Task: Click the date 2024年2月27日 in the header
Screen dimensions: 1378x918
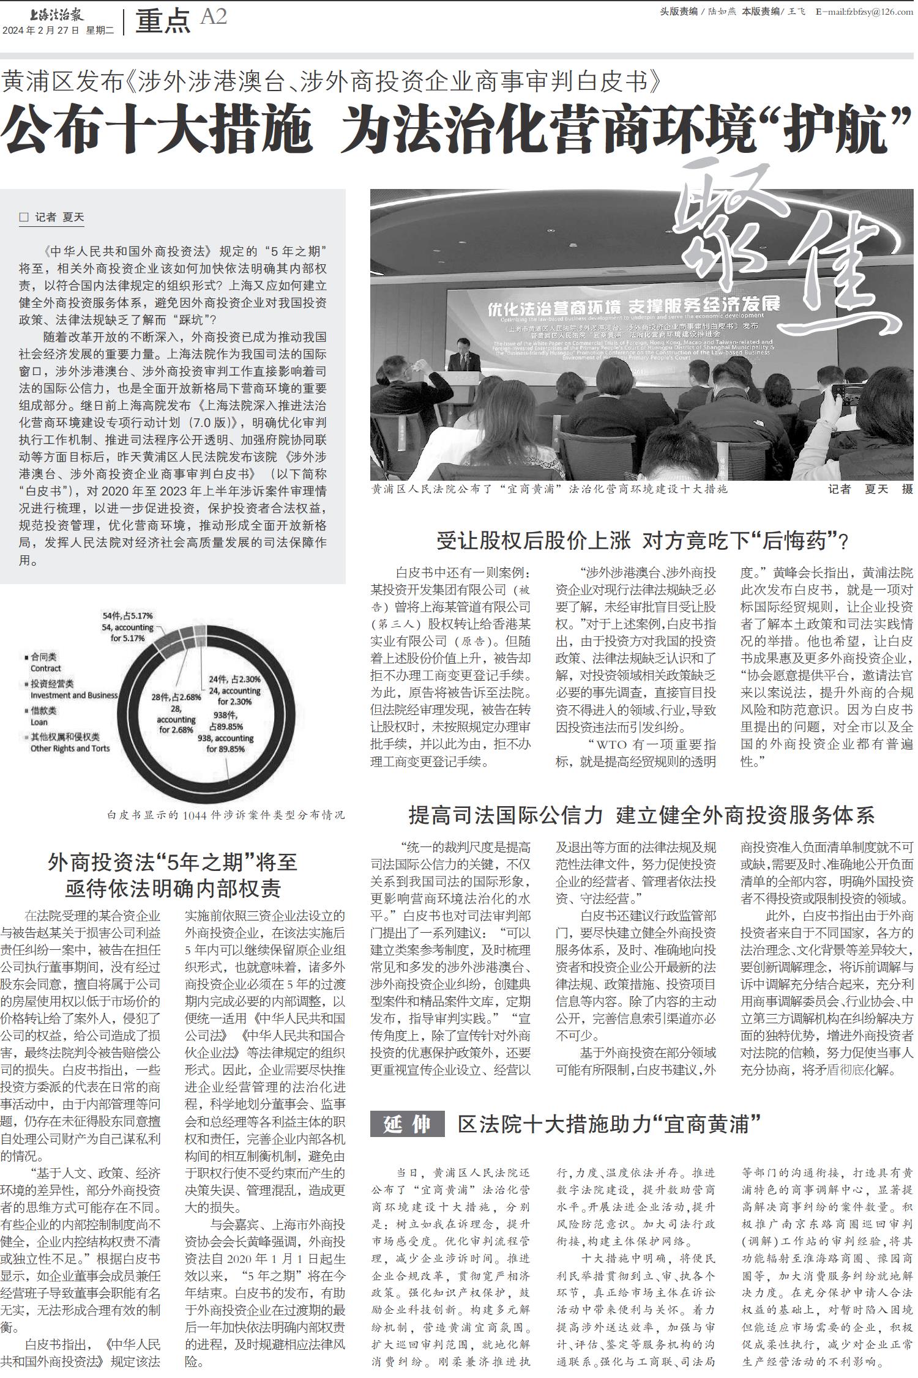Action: click(41, 30)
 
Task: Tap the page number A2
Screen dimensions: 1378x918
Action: click(213, 17)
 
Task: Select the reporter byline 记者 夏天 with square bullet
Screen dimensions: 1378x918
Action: click(52, 217)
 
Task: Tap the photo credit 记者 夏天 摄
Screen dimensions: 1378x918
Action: click(870, 489)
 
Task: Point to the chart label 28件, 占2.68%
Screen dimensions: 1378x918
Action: click(176, 713)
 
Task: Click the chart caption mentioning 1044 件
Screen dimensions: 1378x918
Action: click(225, 815)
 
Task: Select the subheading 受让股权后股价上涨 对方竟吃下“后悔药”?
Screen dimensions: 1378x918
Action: click(642, 541)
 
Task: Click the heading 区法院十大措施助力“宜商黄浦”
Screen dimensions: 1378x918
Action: click(609, 1123)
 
